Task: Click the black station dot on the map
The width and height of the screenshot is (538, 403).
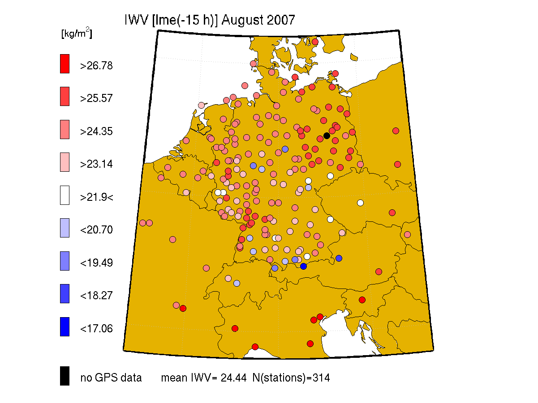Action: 327,136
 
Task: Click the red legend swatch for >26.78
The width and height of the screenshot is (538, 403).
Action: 65,64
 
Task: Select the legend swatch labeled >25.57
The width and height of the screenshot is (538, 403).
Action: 65,97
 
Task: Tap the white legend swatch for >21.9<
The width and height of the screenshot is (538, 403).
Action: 65,195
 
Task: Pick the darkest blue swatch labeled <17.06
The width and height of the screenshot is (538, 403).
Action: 65,327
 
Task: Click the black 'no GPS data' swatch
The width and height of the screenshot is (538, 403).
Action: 65,376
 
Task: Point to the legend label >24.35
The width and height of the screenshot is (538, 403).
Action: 96,132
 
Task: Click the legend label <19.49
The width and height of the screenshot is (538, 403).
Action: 96,263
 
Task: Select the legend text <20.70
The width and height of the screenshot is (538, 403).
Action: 96,230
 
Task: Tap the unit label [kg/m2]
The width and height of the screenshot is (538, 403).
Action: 77,33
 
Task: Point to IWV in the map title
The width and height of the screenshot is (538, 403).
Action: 136,20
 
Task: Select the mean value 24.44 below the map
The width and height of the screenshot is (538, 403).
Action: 233,378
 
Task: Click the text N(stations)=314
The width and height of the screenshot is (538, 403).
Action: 291,378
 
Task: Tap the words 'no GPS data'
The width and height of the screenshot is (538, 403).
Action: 111,378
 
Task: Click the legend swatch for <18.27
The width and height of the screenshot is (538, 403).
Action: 65,293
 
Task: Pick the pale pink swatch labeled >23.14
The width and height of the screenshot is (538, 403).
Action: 65,162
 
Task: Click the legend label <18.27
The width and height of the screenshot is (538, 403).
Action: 96,296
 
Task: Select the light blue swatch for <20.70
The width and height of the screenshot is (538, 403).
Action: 65,228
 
